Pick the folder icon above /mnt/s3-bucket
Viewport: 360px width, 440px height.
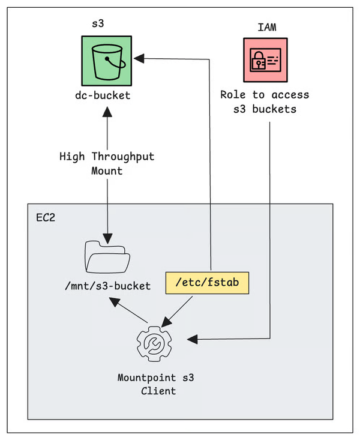pyautogui.click(x=107, y=258)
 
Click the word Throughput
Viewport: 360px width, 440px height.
pyautogui.click(x=123, y=157)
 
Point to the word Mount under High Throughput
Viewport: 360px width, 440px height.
pyautogui.click(x=107, y=170)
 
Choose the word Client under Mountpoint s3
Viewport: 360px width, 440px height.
pyautogui.click(x=155, y=391)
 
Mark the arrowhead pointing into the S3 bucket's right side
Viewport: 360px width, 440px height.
pyautogui.click(x=137, y=58)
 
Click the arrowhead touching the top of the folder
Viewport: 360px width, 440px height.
pyautogui.click(x=107, y=235)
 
